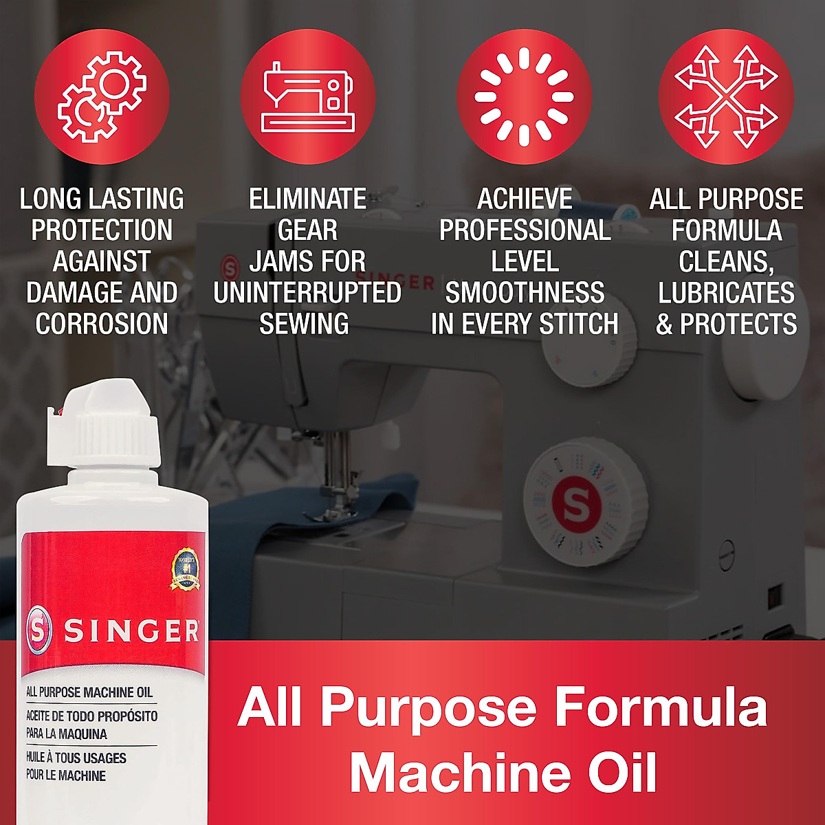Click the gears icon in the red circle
102,97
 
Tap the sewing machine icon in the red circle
308,97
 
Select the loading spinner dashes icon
525,97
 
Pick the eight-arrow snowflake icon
726,97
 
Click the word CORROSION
102,324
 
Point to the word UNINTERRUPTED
307,293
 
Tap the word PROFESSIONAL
525,230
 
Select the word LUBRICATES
726,293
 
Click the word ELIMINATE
307,199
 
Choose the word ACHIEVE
525,199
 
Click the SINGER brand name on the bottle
131,630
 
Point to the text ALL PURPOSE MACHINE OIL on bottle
89,692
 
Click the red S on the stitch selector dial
576,505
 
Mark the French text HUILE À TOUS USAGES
76,758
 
